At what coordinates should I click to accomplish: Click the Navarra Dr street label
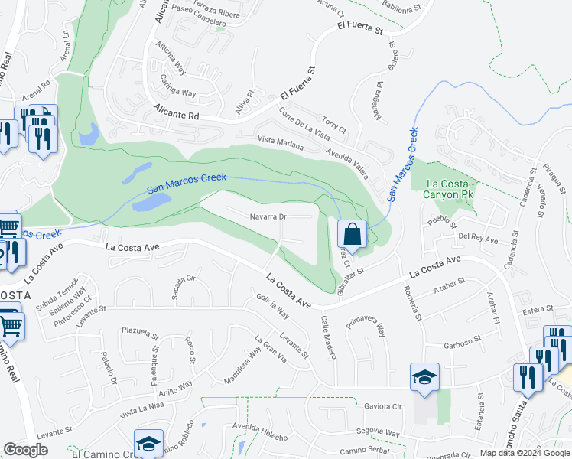268,216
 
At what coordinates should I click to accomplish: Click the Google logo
26,450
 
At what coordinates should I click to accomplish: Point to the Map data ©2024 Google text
525,453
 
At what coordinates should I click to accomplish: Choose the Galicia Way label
273,308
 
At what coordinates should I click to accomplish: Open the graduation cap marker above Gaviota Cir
424,377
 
